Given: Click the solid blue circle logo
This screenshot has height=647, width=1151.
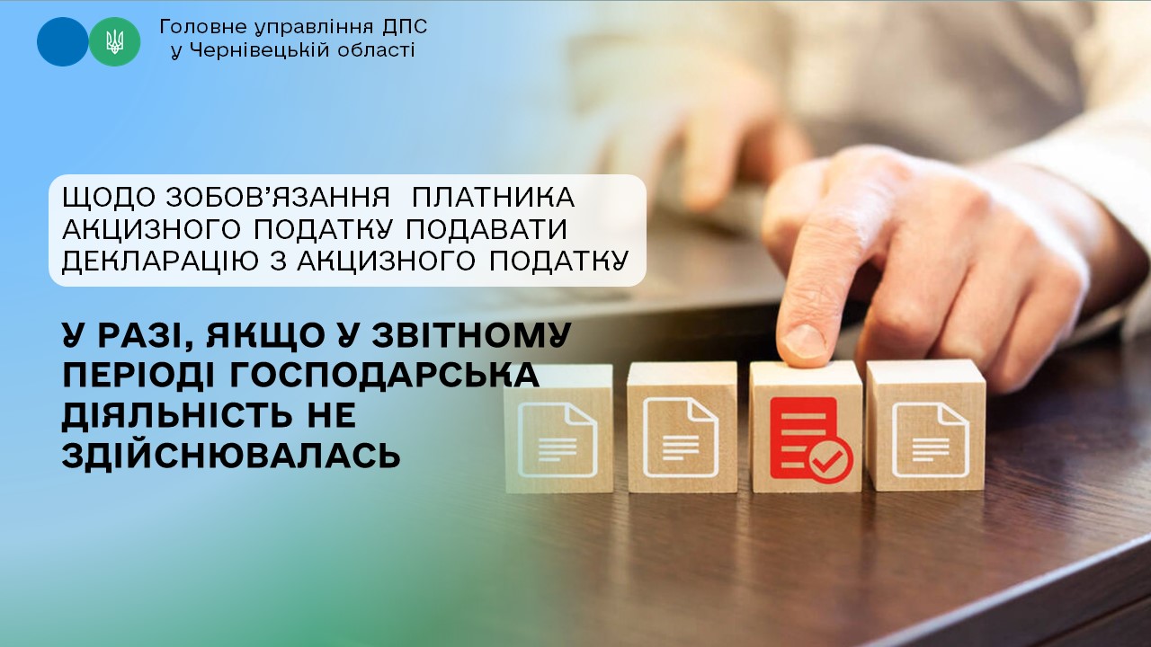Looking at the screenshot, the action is (63, 41).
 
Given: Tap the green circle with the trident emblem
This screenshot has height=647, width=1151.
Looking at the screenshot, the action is (114, 41).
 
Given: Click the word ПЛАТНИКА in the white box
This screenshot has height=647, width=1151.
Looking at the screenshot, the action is (494, 198).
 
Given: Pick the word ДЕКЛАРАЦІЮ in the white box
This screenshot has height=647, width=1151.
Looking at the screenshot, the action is (160, 261).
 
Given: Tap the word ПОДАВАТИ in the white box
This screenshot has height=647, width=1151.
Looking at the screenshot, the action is (486, 229).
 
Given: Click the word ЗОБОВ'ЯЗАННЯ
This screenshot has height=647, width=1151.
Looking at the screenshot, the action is (279, 198).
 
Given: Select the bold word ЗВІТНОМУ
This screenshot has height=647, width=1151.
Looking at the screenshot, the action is (472, 335).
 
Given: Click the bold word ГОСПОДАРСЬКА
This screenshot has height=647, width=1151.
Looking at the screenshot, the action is (384, 376).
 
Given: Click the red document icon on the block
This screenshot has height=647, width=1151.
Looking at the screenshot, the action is (804, 438).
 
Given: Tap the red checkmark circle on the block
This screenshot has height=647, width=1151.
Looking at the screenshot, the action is (831, 460).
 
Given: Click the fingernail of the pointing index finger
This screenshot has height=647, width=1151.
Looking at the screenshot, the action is (805, 341).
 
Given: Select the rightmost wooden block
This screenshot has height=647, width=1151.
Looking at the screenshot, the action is (926, 426).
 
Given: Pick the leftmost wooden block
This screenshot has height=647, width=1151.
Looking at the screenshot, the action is (558, 429).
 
